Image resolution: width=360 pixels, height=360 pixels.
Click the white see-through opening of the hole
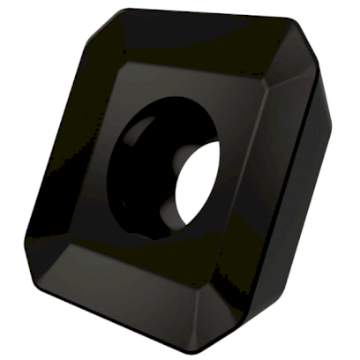click(198, 180)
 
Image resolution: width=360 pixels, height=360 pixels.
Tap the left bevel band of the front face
click(62, 150)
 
